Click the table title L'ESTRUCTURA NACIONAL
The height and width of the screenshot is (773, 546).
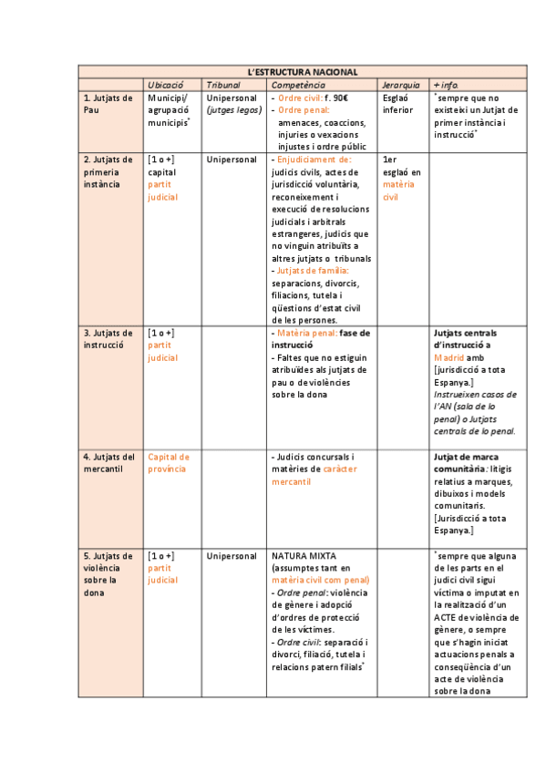point(303,72)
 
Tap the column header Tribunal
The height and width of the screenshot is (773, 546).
point(223,85)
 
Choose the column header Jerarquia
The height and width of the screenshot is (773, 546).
point(401,85)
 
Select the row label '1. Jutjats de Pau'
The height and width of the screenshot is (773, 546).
point(108,104)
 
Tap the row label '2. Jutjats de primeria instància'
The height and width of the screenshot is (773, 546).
point(108,171)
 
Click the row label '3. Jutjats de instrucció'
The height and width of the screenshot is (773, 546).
point(108,339)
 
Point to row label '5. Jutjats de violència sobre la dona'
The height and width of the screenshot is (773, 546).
point(108,573)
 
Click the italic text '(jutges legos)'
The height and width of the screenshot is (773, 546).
point(234,109)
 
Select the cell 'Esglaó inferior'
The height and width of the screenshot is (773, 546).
point(398,104)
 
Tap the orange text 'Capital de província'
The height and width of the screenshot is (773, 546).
point(169,462)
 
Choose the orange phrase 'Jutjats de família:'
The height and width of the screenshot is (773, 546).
point(311,271)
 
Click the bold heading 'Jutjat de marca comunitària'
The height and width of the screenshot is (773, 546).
point(470,462)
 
